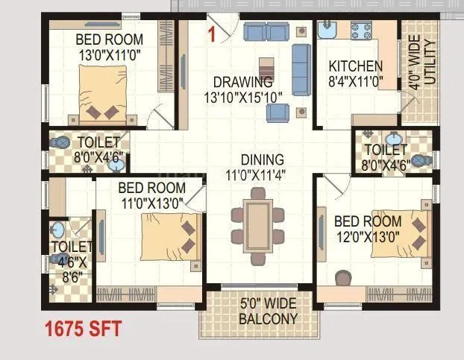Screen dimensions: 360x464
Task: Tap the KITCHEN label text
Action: [x=356, y=67]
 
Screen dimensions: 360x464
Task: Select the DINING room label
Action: [x=262, y=160]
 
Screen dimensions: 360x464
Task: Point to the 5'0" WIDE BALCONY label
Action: [x=268, y=312]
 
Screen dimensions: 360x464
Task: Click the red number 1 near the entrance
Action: [x=213, y=33]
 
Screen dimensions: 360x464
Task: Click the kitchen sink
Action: [x=328, y=31]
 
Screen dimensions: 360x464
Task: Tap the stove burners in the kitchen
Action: [x=363, y=31]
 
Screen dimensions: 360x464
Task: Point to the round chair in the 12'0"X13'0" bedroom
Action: [x=342, y=277]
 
